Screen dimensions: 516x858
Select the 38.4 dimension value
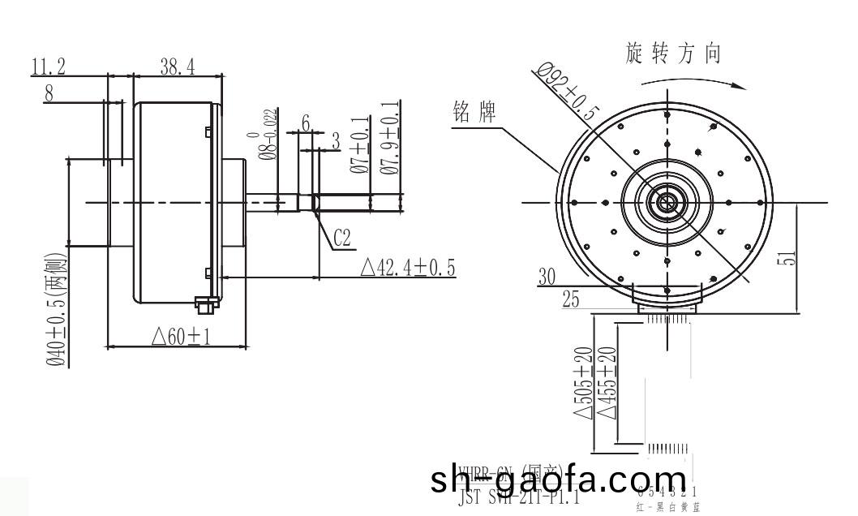176,67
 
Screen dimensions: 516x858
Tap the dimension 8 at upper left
49,93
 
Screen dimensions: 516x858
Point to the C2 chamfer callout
341,238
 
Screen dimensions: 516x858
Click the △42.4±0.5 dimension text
406,268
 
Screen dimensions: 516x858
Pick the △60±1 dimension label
181,336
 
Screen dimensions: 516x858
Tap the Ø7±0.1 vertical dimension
358,145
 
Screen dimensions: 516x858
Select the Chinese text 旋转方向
673,55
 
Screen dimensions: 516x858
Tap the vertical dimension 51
790,258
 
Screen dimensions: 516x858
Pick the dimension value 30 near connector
550,277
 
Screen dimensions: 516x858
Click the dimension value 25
571,301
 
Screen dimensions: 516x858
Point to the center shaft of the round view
667,202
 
